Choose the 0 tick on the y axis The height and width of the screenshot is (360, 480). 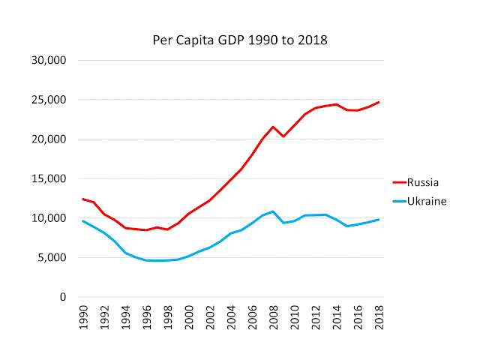click(63, 297)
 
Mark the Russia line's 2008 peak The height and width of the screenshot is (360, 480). click(274, 127)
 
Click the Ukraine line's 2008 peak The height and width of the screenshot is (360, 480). click(274, 211)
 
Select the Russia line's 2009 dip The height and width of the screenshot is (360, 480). click(284, 136)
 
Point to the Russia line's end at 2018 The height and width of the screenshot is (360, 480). click(379, 102)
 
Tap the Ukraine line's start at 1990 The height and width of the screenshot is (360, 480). click(82, 220)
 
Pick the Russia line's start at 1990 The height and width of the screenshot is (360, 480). click(82, 199)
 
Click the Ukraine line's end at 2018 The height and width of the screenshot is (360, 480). click(379, 219)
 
